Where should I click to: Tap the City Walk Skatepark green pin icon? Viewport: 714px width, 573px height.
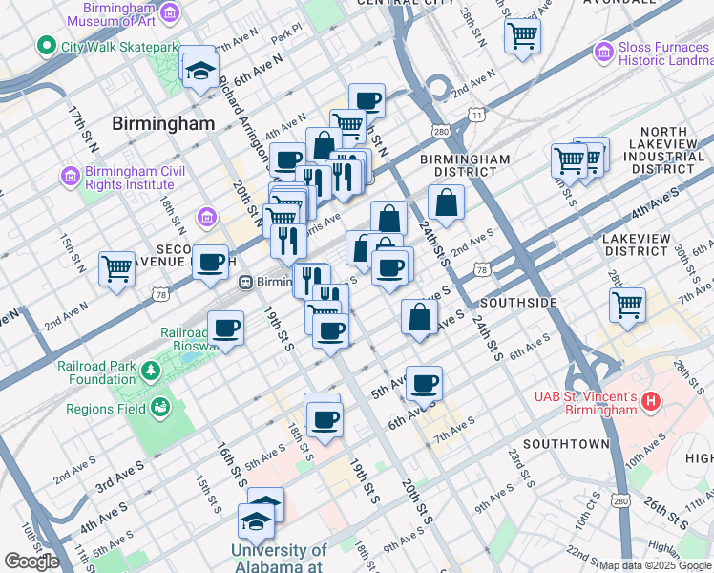pyautogui.click(x=44, y=46)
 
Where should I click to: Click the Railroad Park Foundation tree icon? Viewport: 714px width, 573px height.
pyautogui.click(x=149, y=371)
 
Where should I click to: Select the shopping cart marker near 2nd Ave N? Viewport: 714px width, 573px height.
pyautogui.click(x=117, y=268)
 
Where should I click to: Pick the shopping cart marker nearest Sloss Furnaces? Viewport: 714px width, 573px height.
pyautogui.click(x=522, y=35)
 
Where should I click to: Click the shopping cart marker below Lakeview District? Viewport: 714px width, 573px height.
pyautogui.click(x=627, y=305)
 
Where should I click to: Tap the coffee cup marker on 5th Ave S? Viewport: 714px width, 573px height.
pyautogui.click(x=425, y=383)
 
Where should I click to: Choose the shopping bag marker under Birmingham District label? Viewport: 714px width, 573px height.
pyautogui.click(x=446, y=202)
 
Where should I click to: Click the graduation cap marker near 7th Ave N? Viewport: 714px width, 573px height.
pyautogui.click(x=200, y=69)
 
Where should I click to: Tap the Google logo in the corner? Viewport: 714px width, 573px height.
pyautogui.click(x=31, y=562)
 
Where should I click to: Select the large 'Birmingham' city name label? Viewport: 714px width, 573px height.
pyautogui.click(x=163, y=123)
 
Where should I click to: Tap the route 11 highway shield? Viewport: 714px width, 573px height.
pyautogui.click(x=475, y=116)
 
